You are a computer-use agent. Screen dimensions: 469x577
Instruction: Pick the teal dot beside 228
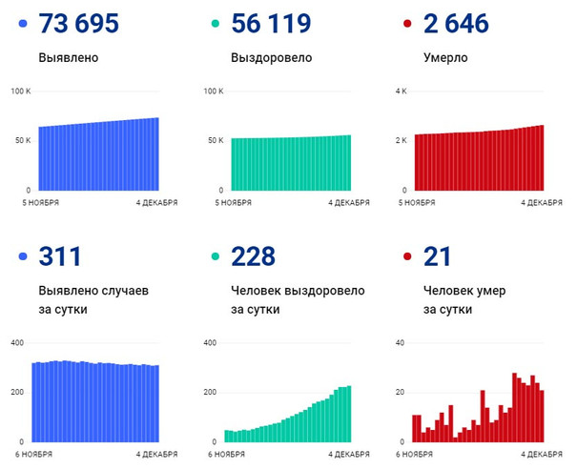(x=215, y=256)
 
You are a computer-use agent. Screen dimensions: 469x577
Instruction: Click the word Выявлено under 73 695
(x=69, y=57)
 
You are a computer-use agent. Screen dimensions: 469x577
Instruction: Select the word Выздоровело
(x=272, y=57)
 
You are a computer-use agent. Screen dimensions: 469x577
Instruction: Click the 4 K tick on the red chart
(x=401, y=92)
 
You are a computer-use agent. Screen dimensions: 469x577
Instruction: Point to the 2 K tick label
(x=401, y=140)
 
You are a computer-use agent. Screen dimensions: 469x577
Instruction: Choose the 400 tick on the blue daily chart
(x=18, y=343)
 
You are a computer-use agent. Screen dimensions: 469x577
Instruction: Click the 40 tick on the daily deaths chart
(x=401, y=343)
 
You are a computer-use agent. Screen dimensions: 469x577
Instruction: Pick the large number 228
(x=253, y=256)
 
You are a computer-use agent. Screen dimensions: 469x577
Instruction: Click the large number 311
(x=59, y=256)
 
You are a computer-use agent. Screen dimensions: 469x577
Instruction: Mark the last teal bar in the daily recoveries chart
(x=348, y=414)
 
